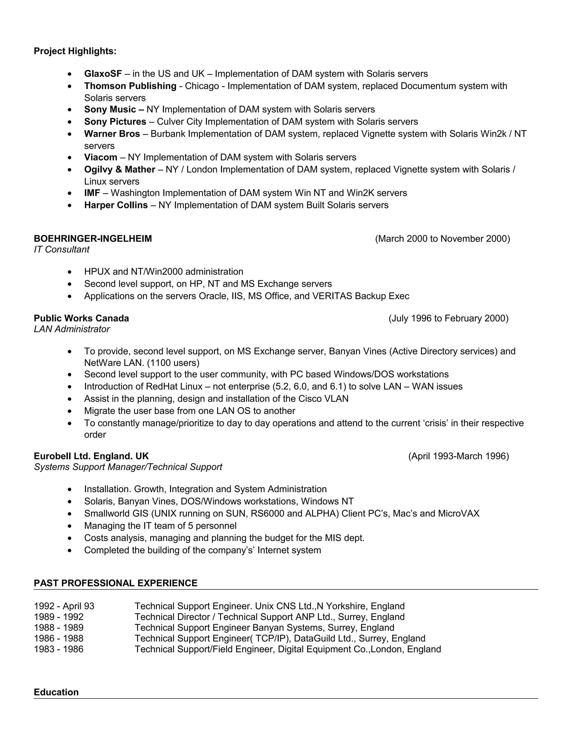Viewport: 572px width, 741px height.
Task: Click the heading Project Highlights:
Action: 75,51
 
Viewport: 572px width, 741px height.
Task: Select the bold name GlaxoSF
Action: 103,74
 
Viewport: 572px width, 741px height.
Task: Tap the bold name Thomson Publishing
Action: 130,86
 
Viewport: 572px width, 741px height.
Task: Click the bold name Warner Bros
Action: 112,134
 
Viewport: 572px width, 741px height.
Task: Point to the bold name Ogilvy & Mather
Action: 119,170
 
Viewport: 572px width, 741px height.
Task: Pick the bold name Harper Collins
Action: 116,205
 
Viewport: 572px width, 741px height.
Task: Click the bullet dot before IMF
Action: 70,194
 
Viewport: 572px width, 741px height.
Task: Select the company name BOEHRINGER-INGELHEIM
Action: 93,239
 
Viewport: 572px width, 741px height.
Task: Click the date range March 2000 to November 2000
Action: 442,239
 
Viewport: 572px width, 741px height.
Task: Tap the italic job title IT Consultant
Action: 61,250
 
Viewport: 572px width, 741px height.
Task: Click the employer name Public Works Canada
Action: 81,318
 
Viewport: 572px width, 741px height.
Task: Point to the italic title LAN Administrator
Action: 71,329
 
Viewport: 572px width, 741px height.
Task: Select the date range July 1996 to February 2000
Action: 448,318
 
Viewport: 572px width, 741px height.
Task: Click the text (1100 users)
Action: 173,363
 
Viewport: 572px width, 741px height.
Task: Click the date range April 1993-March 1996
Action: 459,456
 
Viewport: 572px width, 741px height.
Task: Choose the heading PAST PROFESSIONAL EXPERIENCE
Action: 116,583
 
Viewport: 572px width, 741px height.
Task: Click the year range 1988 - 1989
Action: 59,628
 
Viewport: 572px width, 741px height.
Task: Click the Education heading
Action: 56,692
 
